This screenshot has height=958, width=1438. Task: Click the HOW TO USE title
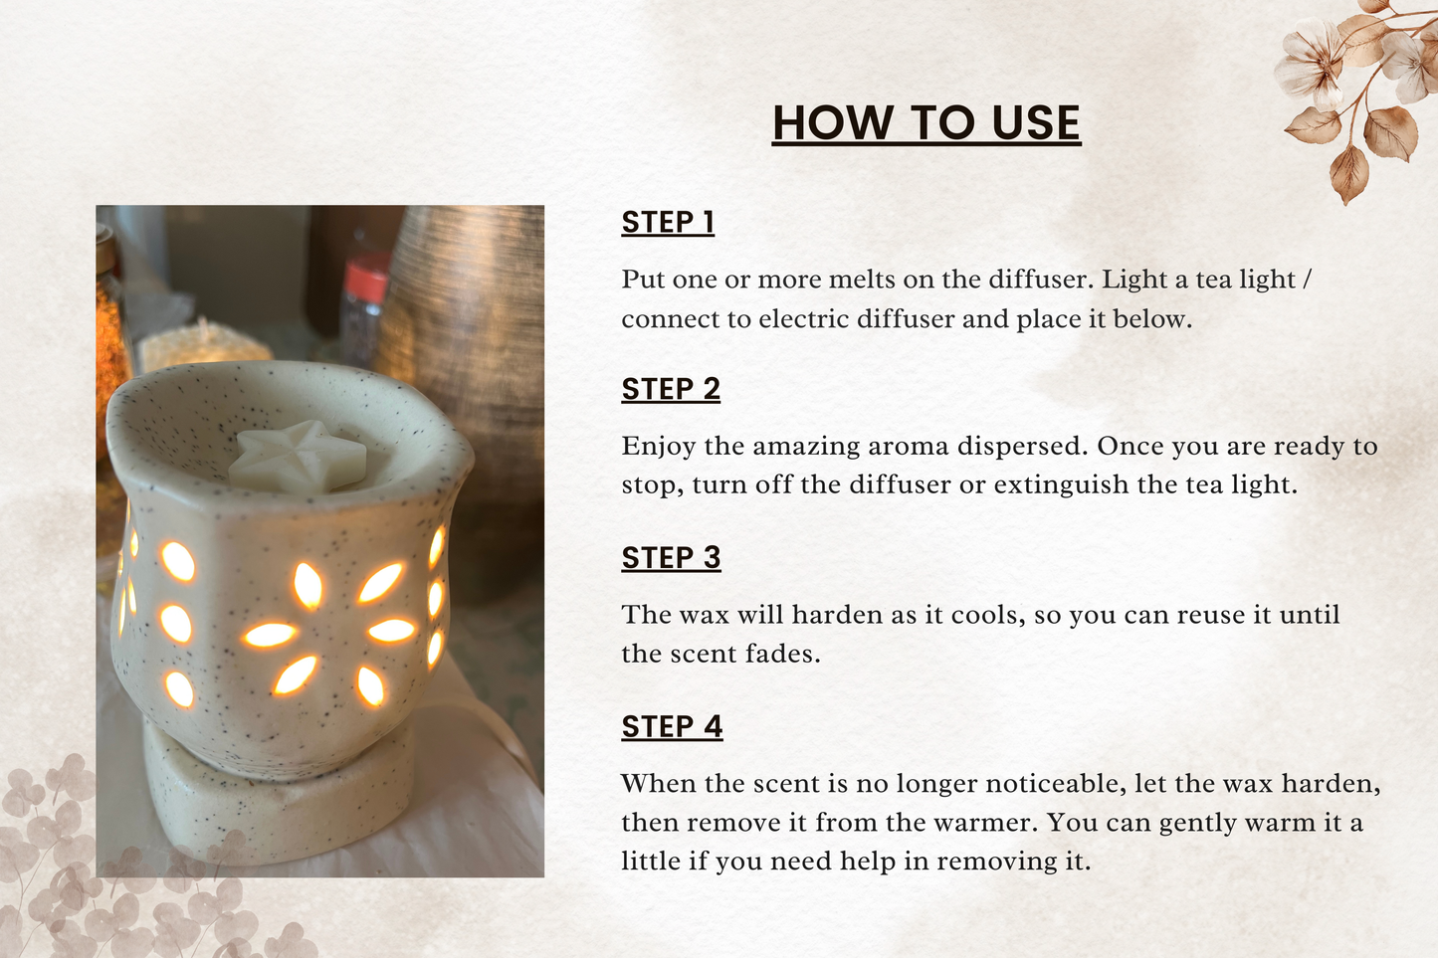[926, 122]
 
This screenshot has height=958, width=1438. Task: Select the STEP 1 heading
[668, 223]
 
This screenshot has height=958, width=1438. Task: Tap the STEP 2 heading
[671, 389]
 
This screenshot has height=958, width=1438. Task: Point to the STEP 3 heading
[671, 558]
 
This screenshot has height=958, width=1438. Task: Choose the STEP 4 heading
[672, 726]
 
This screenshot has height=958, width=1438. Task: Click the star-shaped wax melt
[298, 457]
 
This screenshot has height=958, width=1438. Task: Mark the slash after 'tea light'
[1306, 280]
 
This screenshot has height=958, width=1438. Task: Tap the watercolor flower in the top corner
[1310, 66]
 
